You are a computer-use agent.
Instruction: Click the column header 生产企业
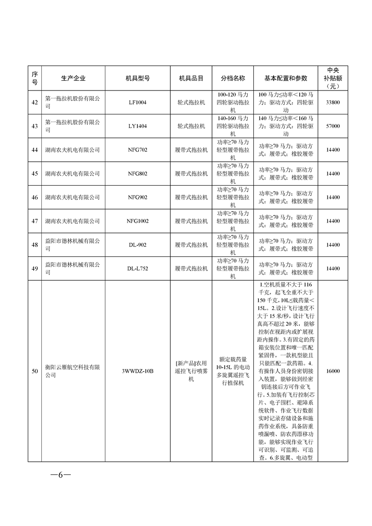pyautogui.click(x=73, y=78)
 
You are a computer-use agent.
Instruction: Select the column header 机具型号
pyautogui.click(x=137, y=78)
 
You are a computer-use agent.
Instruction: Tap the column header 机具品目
pyautogui.click(x=191, y=78)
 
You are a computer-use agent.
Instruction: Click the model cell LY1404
pyautogui.click(x=137, y=126)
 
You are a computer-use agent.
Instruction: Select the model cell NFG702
pyautogui.click(x=137, y=150)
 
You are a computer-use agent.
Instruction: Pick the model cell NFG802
pyautogui.click(x=137, y=174)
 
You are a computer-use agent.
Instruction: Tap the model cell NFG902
pyautogui.click(x=137, y=197)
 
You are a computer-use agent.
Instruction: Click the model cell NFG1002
pyautogui.click(x=137, y=221)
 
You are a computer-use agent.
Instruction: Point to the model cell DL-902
pyautogui.click(x=137, y=245)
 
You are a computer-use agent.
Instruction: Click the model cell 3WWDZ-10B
pyautogui.click(x=137, y=371)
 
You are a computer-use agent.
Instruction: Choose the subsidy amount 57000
pyautogui.click(x=332, y=126)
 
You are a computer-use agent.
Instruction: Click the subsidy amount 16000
pyautogui.click(x=332, y=371)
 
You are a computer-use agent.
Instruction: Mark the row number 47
pyautogui.click(x=35, y=221)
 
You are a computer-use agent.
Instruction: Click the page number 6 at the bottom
pyautogui.click(x=61, y=474)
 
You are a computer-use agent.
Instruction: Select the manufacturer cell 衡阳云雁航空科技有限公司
pyautogui.click(x=73, y=371)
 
